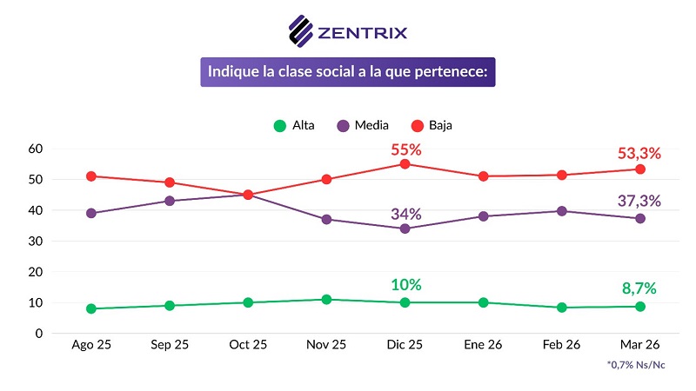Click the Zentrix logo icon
pos(302,30)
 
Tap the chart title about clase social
pos(348,71)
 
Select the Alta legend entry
pos(296,125)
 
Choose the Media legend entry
pos(363,125)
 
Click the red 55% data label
pos(405,149)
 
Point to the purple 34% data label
pos(405,214)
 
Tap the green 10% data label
pos(405,284)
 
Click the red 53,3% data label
pos(639,153)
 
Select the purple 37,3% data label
pos(639,201)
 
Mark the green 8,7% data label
pos(639,288)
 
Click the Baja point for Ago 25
pos(91,176)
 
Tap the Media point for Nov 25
pos(326,219)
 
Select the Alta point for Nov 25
pos(326,300)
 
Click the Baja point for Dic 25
pos(405,164)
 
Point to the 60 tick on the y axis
pos(36,149)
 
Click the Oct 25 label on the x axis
pos(248,345)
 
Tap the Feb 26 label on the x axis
pos(561,345)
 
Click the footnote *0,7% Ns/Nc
pos(635,365)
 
